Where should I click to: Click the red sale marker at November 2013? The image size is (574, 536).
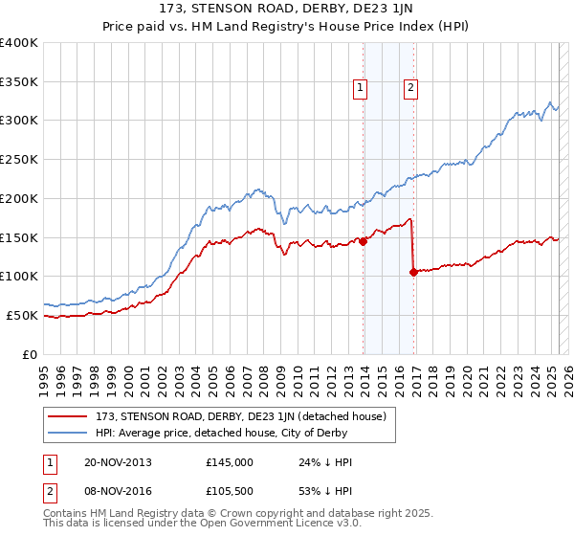[364, 241]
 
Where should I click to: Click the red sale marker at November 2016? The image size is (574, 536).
[413, 272]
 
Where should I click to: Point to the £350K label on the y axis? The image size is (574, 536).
[19, 81]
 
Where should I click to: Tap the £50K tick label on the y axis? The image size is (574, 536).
[23, 315]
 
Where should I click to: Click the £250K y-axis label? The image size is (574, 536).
[19, 160]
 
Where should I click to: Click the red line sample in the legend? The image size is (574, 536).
[69, 416]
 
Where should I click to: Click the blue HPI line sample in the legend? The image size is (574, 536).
[69, 434]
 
